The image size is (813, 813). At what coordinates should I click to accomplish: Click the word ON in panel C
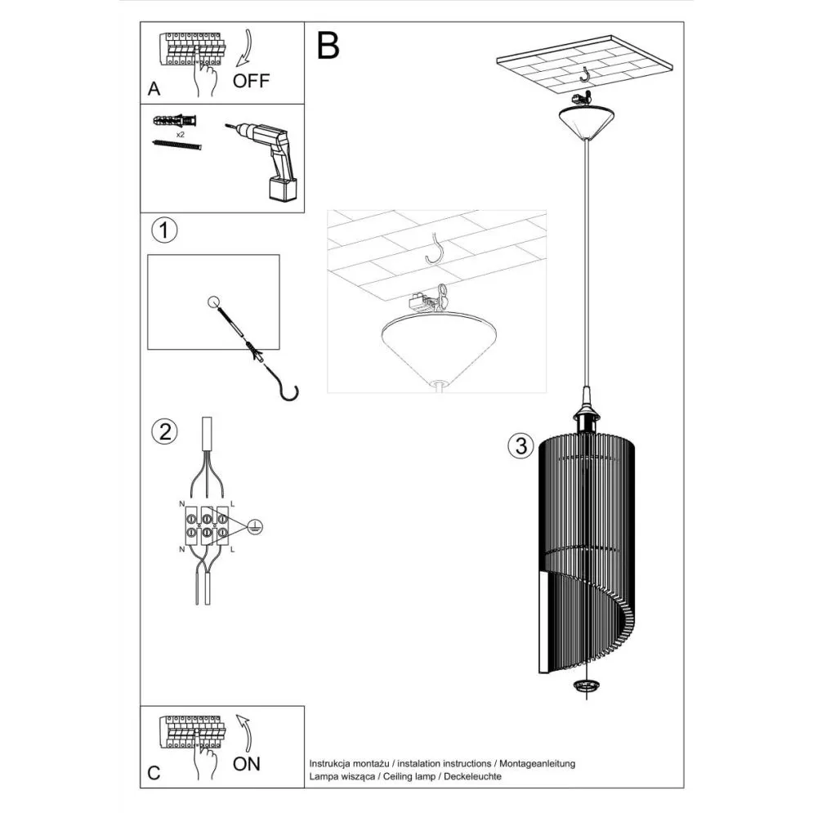click(247, 764)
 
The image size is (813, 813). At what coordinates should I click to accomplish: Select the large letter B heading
click(328, 46)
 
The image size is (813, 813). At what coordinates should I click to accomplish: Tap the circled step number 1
click(164, 231)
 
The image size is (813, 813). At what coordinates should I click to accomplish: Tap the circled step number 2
click(164, 431)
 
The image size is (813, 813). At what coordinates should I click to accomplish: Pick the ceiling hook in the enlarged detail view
click(438, 248)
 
